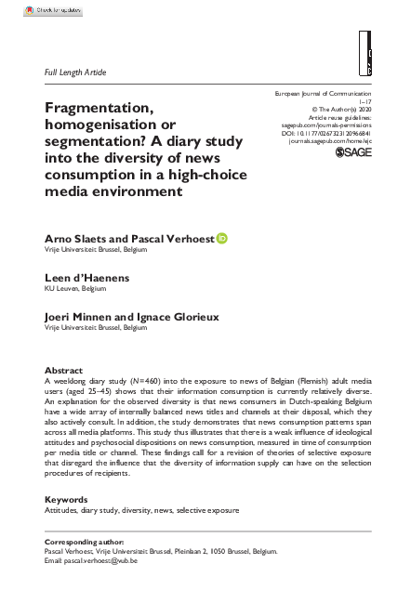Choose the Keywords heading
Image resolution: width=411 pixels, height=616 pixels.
click(66, 499)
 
